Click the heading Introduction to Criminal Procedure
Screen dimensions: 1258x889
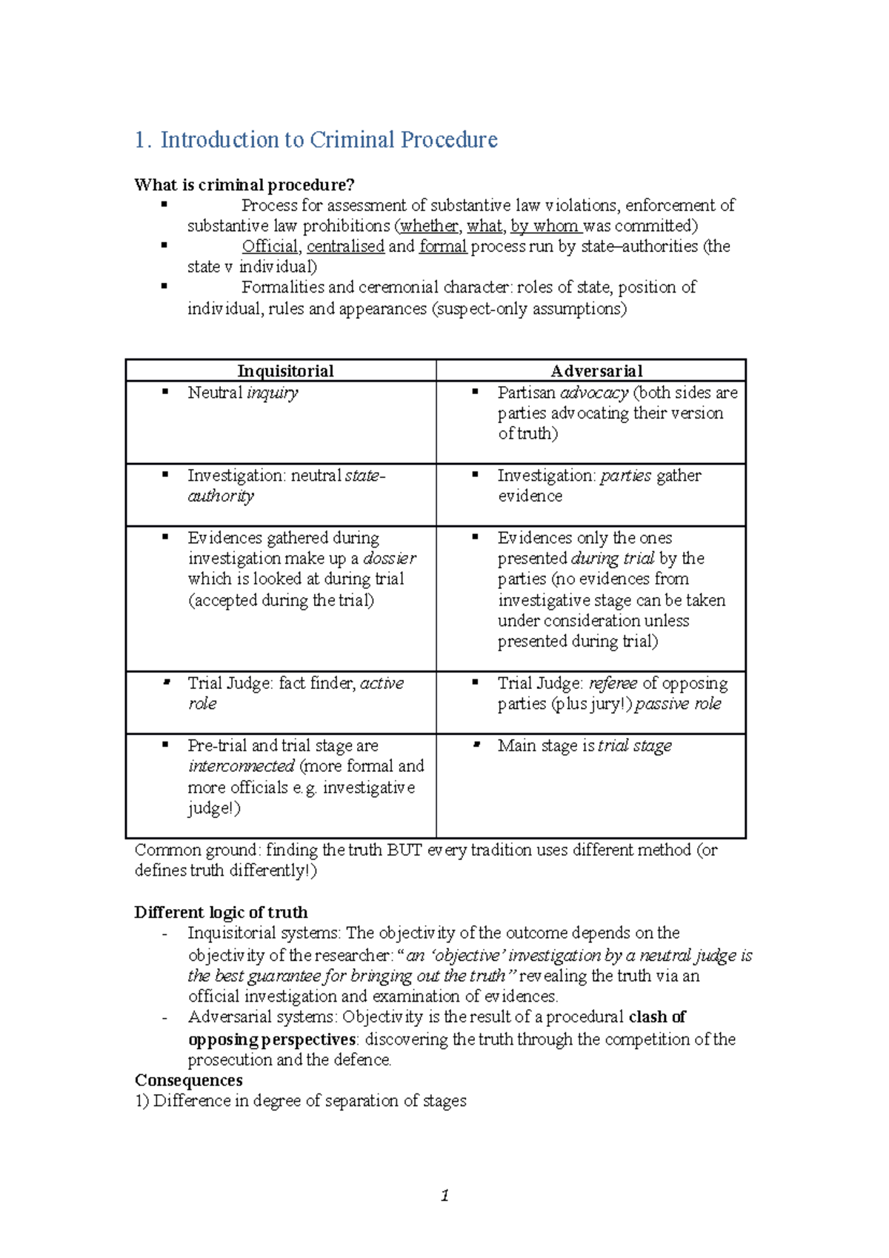[x=316, y=139]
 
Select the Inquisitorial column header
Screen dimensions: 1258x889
[x=285, y=370]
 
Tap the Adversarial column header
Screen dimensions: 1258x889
[x=596, y=370]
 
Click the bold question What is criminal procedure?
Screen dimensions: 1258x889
[x=244, y=184]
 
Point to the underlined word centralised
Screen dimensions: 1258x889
[x=345, y=246]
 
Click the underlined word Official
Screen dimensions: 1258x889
[x=270, y=246]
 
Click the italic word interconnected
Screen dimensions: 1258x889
[x=242, y=766]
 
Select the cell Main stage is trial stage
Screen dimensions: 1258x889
[x=585, y=745]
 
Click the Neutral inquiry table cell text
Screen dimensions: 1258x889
[x=243, y=393]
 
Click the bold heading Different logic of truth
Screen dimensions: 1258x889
[x=221, y=912]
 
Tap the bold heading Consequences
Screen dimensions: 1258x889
[x=188, y=1080]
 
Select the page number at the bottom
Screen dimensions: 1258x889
[x=444, y=1195]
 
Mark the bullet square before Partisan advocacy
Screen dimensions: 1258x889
[x=476, y=391]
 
